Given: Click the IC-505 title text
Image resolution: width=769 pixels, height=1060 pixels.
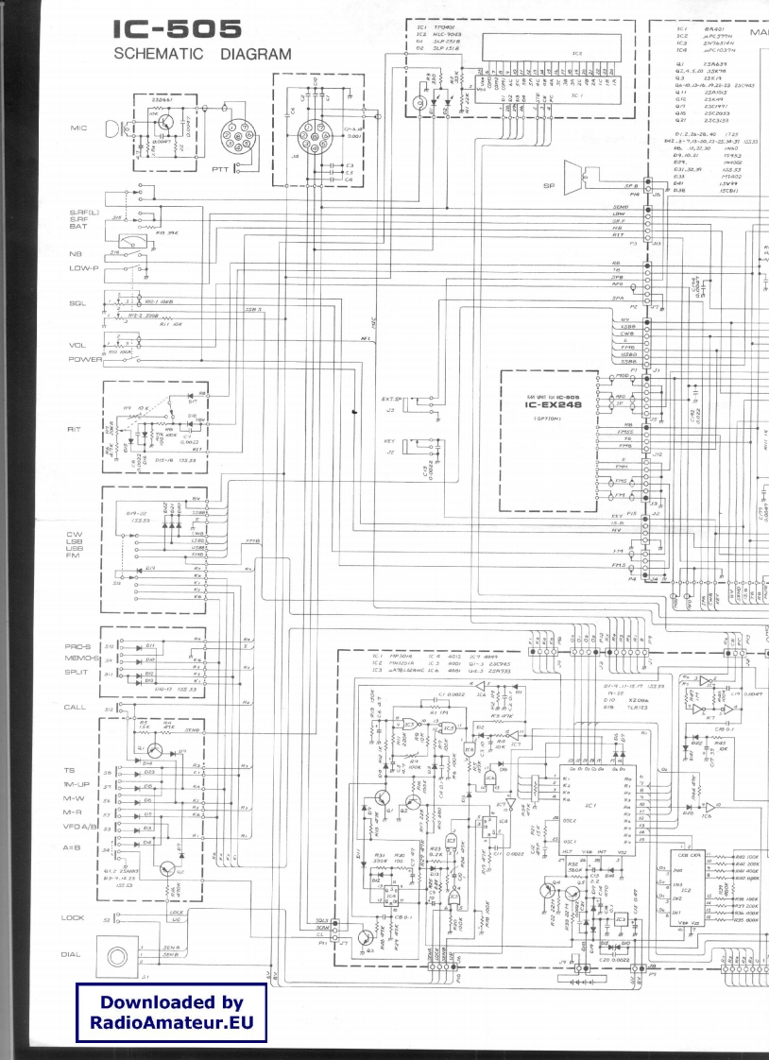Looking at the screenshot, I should [177, 31].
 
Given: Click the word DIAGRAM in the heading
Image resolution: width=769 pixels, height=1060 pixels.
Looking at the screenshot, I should [256, 55].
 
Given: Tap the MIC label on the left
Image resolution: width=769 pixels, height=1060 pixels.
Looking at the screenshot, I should [79, 128].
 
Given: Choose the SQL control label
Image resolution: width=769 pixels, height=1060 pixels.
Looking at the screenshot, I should [77, 303].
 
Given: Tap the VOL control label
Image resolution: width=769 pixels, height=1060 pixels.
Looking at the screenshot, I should [77, 345].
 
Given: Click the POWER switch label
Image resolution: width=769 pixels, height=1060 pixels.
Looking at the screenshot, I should [84, 359].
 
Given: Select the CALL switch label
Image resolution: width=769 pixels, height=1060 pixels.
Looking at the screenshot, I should [76, 707].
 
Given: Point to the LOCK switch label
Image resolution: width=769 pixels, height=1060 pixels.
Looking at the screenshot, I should [74, 917].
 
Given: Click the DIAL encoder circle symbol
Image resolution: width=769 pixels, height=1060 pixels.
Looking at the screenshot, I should [122, 954].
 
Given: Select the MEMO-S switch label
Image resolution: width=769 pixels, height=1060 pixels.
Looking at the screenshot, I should [82, 658].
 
